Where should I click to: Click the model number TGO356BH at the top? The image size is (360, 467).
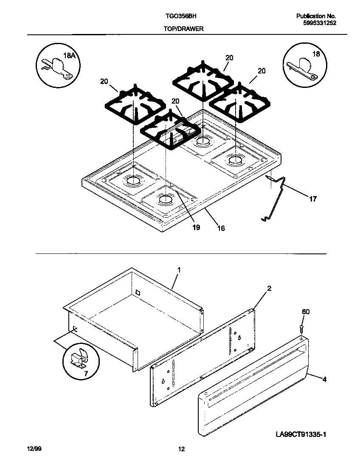click(x=180, y=16)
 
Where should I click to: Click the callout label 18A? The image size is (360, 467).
click(x=69, y=55)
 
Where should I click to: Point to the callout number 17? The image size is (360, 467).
click(x=312, y=199)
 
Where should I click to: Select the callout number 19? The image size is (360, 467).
click(x=196, y=227)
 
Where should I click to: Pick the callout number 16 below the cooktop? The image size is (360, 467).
click(x=221, y=228)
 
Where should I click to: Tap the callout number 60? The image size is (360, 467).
click(x=306, y=312)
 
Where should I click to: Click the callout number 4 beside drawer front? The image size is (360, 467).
click(x=324, y=379)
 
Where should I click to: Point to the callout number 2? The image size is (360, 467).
click(x=269, y=289)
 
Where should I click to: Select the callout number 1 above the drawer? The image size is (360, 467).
click(x=179, y=270)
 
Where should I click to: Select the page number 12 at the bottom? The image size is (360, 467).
click(x=181, y=449)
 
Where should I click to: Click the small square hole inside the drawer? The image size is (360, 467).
click(x=138, y=292)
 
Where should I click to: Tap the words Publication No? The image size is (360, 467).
click(x=316, y=16)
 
